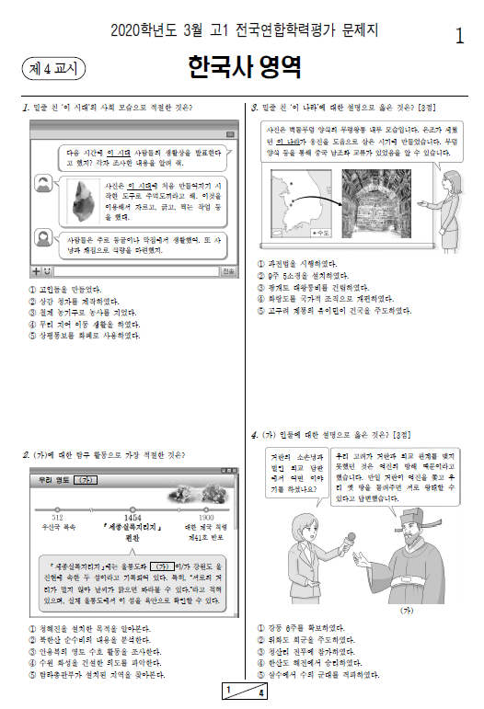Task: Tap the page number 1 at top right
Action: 459,36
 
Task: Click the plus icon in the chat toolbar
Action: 35,271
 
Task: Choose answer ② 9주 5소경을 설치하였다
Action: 303,275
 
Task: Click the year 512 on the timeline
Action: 57,518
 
